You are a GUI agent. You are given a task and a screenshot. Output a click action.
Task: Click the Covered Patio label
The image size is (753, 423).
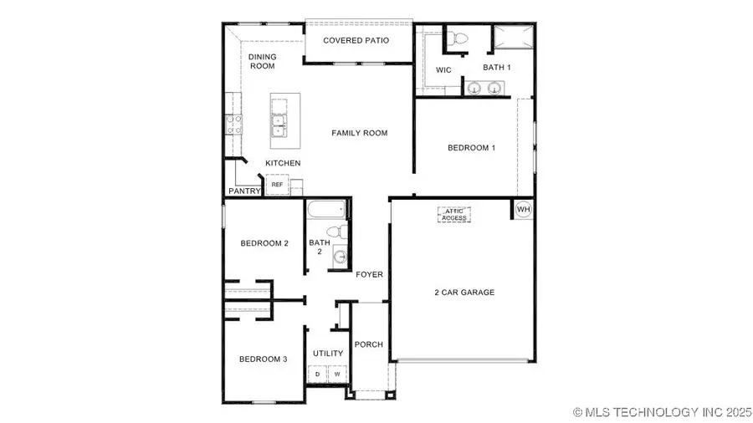pyautogui.click(x=356, y=40)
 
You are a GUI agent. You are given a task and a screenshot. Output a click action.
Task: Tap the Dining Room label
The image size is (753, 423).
pyautogui.click(x=262, y=61)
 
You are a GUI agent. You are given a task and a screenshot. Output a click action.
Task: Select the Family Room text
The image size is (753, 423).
pyautogui.click(x=360, y=133)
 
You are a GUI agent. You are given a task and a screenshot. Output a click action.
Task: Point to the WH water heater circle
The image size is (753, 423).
pyautogui.click(x=523, y=209)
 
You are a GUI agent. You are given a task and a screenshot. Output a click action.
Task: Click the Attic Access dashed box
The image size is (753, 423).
pyautogui.click(x=454, y=214)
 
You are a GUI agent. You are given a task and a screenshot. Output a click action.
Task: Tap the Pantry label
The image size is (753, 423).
pyautogui.click(x=245, y=191)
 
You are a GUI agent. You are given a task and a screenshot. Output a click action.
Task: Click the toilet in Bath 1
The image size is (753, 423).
pyautogui.click(x=457, y=38)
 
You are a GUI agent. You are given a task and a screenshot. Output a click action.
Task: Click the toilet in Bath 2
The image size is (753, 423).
pyautogui.click(x=332, y=231)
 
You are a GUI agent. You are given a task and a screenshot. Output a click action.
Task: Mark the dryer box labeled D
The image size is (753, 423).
pyautogui.click(x=317, y=375)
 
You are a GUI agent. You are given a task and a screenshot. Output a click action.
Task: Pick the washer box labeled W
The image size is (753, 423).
pyautogui.click(x=336, y=375)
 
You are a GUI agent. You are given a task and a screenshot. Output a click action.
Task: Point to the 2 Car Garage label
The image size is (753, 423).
pyautogui.click(x=464, y=293)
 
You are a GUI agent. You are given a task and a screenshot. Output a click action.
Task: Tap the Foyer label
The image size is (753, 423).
pyautogui.click(x=370, y=274)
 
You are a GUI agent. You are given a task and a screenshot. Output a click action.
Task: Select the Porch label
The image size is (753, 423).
pyautogui.click(x=369, y=344)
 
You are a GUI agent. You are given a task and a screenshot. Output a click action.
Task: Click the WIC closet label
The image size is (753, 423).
pyautogui.click(x=444, y=70)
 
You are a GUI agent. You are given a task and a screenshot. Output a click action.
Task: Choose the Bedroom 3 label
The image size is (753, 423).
pyautogui.click(x=264, y=359)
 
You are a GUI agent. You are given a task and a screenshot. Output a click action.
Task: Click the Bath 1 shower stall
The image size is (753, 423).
pyautogui.click(x=512, y=38)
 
